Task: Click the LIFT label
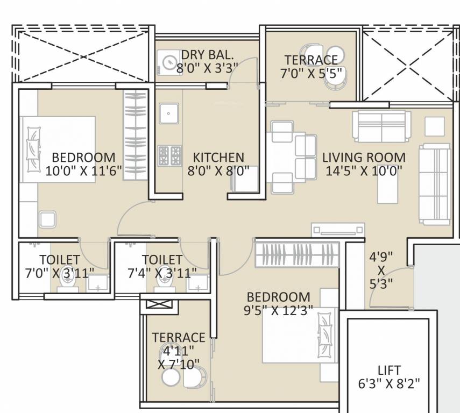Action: coord(388,371)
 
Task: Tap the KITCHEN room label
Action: coord(218,158)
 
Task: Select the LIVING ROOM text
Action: coord(364,158)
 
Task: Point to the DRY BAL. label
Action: coord(207,55)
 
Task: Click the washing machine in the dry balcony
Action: coord(169,62)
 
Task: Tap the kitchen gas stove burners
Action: coord(169,155)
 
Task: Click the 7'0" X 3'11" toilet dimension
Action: coord(59,273)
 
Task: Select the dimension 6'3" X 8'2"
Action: coord(388,384)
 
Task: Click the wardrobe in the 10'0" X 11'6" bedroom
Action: coord(135,134)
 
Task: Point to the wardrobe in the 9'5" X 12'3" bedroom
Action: coord(297,254)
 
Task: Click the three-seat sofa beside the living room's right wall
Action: coord(434,184)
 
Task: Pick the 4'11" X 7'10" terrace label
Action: coord(179,351)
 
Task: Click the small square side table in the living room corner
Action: coord(435,126)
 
